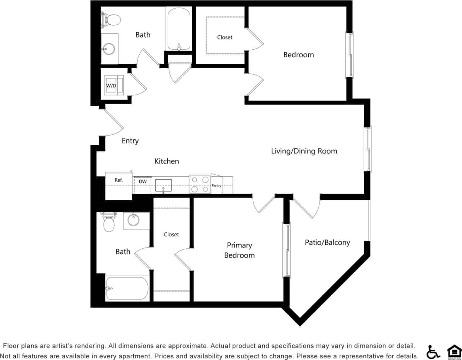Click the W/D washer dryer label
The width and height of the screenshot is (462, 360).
(111, 85)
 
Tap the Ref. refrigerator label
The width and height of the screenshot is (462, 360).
(119, 180)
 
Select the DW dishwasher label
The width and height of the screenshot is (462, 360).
(143, 182)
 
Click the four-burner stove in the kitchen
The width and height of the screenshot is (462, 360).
(200, 184)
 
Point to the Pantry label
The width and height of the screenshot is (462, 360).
(217, 186)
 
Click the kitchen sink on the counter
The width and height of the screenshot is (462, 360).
(163, 185)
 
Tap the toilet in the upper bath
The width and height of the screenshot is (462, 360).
(111, 19)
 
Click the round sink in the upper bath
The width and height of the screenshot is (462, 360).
(109, 49)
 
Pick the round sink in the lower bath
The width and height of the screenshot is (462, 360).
(133, 220)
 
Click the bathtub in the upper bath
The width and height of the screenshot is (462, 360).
(179, 29)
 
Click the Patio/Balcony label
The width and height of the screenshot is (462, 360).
(327, 243)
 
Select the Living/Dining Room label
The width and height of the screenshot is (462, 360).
(304, 151)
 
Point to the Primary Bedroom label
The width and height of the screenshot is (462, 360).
(239, 250)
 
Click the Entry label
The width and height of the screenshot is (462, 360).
(130, 141)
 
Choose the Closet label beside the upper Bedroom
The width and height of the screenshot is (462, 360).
(225, 37)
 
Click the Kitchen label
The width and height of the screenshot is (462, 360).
(167, 161)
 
